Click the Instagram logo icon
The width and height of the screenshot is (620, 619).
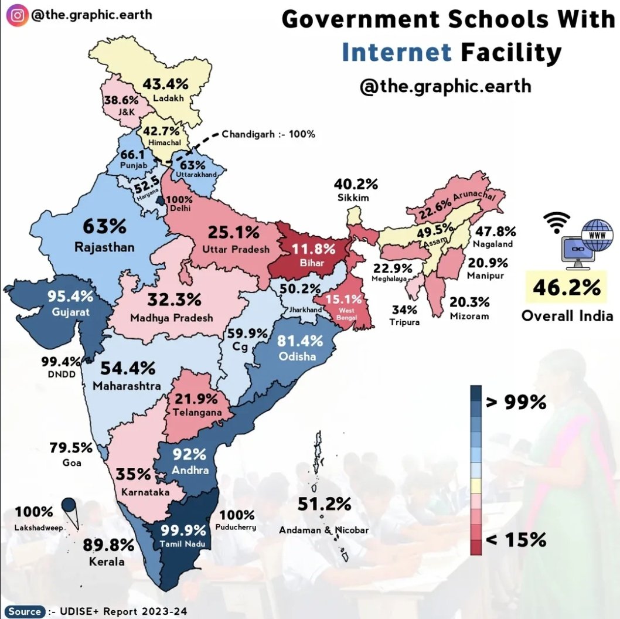(18, 14)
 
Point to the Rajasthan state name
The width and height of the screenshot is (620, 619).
(104, 247)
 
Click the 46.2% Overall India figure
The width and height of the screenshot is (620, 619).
(566, 288)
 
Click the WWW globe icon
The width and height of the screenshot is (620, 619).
(593, 234)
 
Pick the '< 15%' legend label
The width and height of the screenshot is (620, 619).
(516, 539)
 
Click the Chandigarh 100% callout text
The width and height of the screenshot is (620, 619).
(268, 134)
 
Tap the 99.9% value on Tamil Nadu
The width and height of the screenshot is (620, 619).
(183, 530)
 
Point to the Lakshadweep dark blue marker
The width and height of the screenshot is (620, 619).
(69, 505)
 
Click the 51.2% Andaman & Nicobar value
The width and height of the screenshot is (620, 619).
(324, 504)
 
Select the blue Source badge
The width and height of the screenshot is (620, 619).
(25, 611)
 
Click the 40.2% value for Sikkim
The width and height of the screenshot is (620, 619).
(356, 185)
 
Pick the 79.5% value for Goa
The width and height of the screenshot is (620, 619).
(71, 448)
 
